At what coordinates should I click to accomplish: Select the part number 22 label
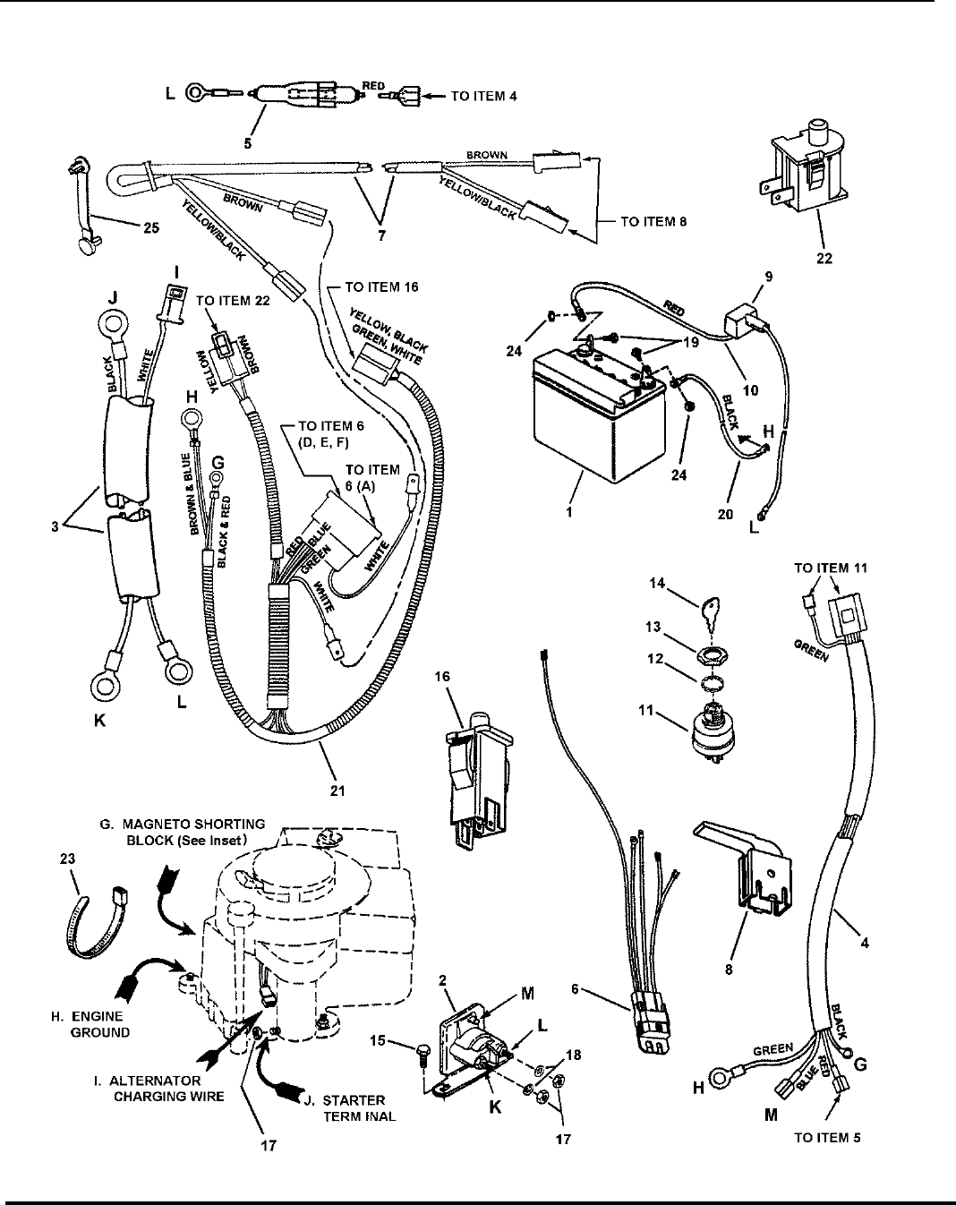(824, 259)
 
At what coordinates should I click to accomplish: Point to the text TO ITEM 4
(483, 96)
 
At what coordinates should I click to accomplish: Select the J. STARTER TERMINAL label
(354, 1107)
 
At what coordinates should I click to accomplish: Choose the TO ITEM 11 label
(831, 568)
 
